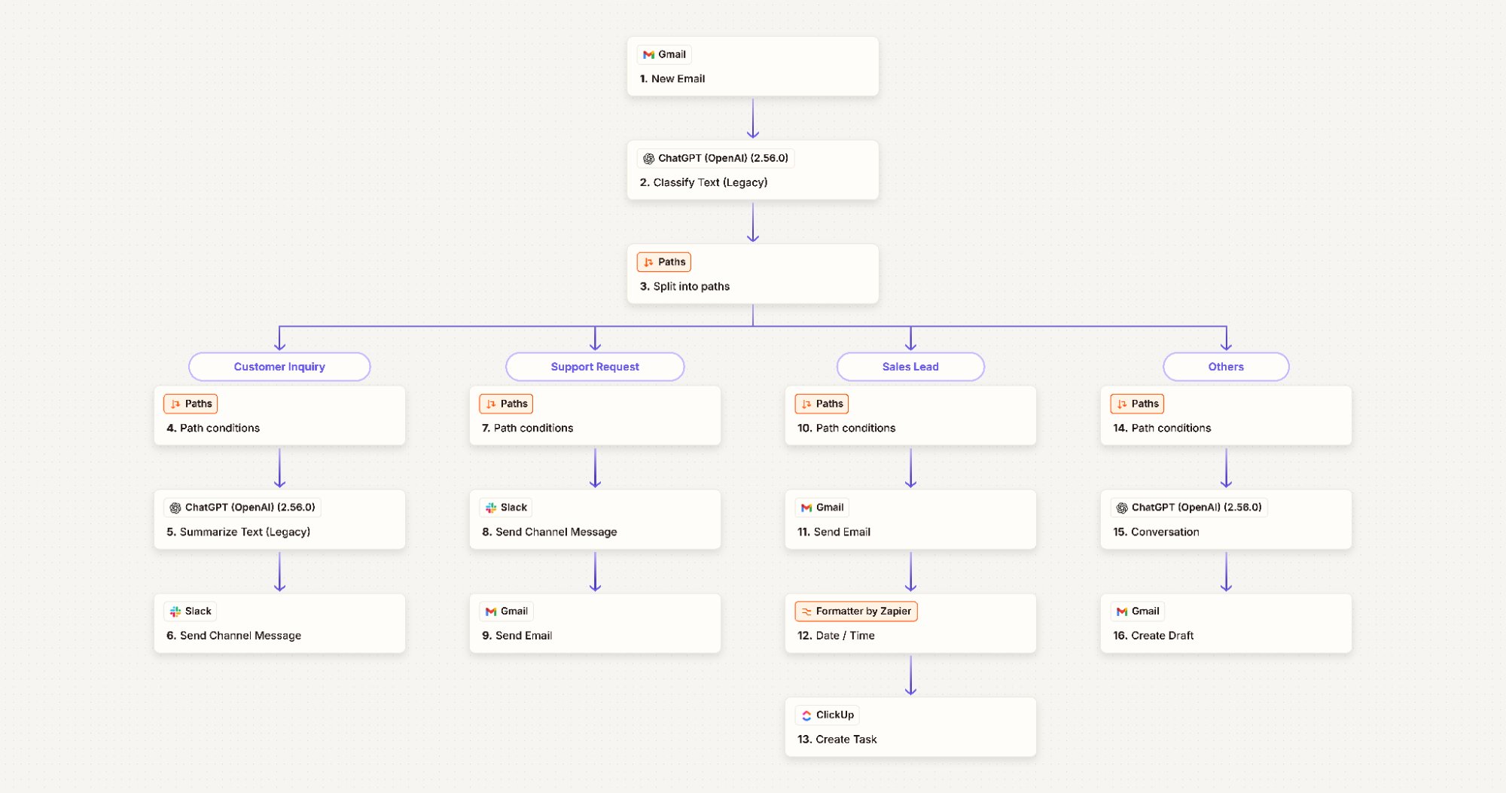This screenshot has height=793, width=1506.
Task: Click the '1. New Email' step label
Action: [672, 78]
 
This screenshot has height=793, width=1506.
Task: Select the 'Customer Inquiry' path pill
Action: [279, 367]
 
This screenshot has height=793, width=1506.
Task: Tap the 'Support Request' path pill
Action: [595, 367]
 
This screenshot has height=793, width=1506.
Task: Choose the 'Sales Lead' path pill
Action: [910, 367]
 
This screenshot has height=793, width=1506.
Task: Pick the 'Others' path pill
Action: [1226, 367]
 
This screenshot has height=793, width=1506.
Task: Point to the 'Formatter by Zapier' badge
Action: [856, 611]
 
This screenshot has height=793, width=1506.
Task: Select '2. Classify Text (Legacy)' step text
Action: [703, 182]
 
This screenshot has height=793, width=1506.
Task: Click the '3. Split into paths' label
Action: [684, 286]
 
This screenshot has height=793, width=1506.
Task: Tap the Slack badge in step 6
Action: [191, 611]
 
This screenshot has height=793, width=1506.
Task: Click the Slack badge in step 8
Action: [506, 508]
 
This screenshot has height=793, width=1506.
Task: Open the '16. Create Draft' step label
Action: [1153, 636]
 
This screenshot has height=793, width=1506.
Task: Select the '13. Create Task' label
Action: [837, 740]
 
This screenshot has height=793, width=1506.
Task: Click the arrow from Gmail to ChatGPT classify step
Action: [753, 118]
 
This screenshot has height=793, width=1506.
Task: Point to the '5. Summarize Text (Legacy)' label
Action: [238, 532]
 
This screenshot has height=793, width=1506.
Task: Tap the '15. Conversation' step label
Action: [1156, 532]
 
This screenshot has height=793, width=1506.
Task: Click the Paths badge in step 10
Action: [822, 404]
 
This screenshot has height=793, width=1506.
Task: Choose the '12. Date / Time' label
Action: [836, 636]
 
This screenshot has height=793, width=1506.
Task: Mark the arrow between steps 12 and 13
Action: [910, 675]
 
